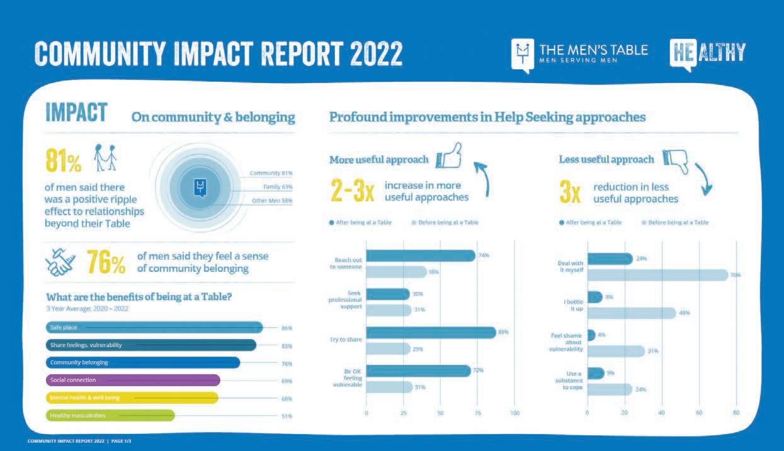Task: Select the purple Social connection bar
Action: point(133,380)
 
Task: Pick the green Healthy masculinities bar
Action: point(110,415)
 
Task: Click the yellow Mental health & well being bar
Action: point(132,398)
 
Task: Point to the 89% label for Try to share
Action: point(503,332)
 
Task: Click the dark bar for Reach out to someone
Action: point(420,255)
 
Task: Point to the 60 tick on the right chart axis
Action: point(698,413)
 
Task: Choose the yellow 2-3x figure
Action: point(352,191)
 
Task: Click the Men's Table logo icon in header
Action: point(522,55)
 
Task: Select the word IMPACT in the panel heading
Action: point(76,113)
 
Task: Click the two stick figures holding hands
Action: point(105,157)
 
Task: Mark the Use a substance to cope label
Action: point(570,380)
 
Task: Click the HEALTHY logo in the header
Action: point(708,53)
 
